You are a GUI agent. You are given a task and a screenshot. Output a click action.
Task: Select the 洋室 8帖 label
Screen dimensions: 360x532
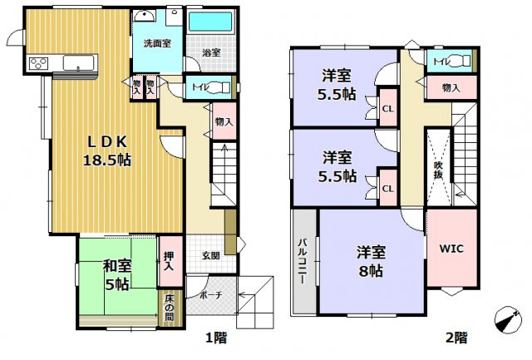tap(371, 260)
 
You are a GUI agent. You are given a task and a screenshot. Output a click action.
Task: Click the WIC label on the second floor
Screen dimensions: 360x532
tap(451, 249)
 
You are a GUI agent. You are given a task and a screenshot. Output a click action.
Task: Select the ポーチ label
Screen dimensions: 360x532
tap(209, 294)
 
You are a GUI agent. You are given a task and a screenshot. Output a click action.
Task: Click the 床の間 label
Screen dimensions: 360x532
tap(169, 308)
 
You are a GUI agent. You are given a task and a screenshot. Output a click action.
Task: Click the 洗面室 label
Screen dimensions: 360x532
tap(155, 42)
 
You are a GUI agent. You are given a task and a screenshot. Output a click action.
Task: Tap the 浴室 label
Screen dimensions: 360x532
tap(212, 52)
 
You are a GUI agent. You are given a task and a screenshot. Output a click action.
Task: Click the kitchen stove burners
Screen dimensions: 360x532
tap(39, 62)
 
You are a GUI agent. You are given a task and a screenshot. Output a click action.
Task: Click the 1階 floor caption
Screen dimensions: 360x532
tap(216, 338)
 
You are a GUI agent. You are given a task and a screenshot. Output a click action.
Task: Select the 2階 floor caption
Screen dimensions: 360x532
tap(455, 338)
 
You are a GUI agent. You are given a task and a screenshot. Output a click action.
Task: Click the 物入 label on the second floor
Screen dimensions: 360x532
tap(451, 86)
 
